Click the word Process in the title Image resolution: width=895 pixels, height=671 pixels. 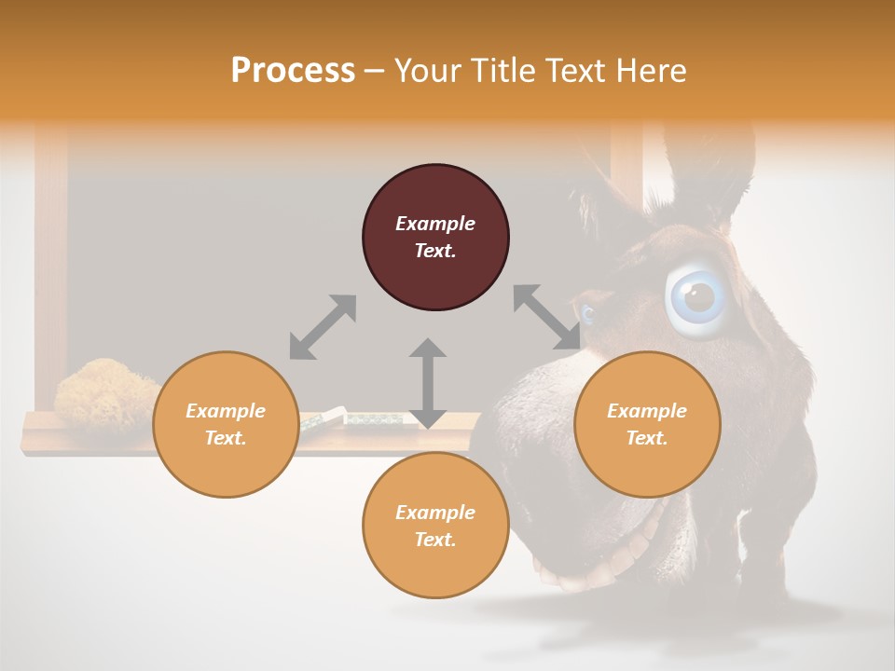point(293,71)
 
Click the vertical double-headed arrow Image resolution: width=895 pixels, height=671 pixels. point(427,383)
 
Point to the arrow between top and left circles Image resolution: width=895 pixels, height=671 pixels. point(323,327)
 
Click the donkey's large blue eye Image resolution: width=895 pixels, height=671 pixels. point(697,297)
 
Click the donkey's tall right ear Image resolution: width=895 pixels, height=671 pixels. point(713,168)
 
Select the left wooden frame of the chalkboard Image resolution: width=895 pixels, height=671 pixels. point(50,270)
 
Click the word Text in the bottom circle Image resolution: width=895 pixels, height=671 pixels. point(435,540)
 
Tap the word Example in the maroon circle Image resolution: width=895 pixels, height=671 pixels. point(435,224)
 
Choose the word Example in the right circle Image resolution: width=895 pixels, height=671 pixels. point(647,411)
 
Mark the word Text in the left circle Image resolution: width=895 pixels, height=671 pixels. point(226,438)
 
